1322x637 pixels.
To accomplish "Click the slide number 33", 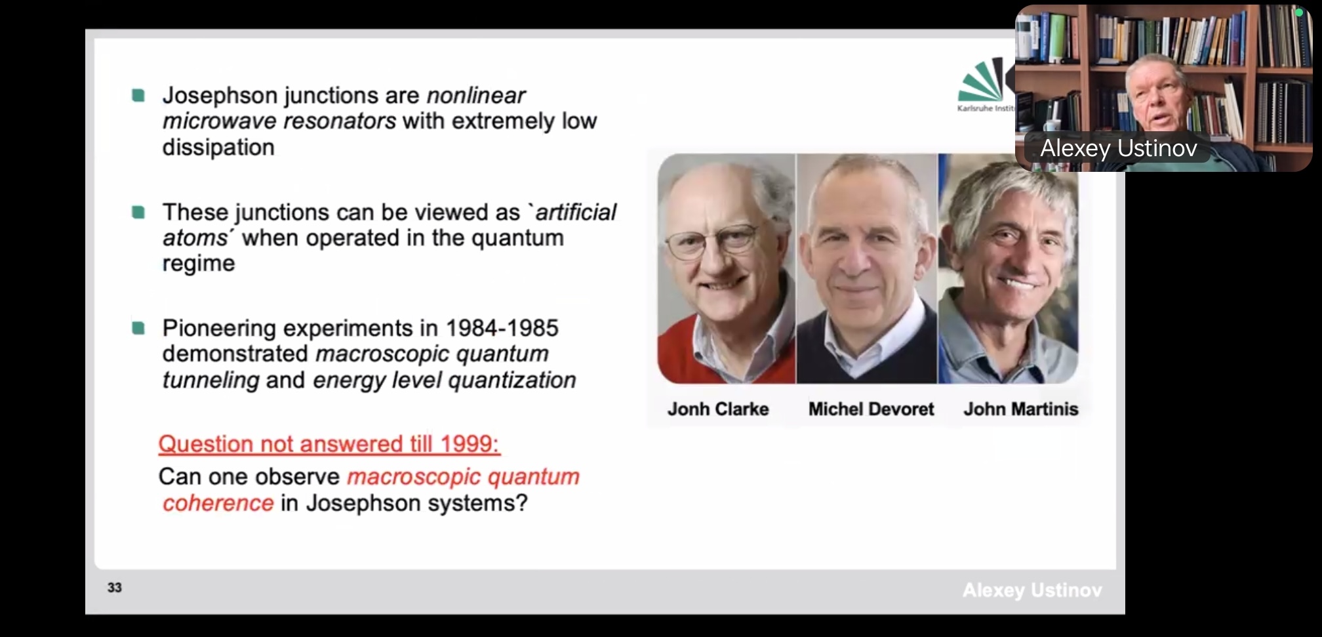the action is (115, 587).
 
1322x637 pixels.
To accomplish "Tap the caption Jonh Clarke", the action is (718, 409).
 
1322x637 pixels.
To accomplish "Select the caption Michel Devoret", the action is (871, 409).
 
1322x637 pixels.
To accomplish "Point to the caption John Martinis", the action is (1020, 409).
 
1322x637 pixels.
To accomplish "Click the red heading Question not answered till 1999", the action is (329, 444).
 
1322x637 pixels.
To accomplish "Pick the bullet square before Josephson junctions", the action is (138, 96).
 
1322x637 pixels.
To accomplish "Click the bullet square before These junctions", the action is (138, 212).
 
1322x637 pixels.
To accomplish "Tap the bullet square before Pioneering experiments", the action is (138, 327).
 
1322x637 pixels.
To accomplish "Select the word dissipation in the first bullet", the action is (218, 148).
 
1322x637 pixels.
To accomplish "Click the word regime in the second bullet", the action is (199, 264).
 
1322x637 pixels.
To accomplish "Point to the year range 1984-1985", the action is (502, 327).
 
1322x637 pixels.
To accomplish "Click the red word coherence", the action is (218, 503).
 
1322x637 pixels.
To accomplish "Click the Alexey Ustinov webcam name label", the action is (1119, 148).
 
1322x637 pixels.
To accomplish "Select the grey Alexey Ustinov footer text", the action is (1032, 590).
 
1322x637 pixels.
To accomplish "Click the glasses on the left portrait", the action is (712, 241).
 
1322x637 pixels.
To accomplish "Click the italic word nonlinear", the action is (476, 96).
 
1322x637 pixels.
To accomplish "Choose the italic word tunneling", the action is (211, 380).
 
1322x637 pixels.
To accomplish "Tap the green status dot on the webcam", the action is (1299, 12).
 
